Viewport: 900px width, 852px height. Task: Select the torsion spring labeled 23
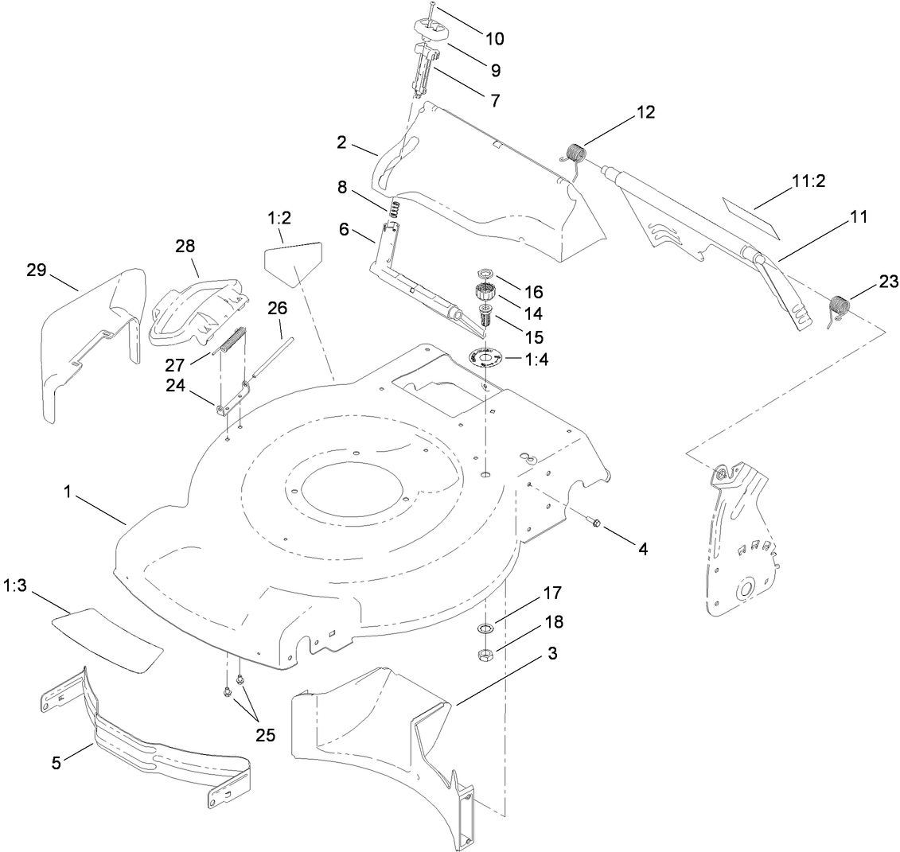pos(840,307)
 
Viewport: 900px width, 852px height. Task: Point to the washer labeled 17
pos(485,629)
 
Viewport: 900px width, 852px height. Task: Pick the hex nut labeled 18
pos(485,655)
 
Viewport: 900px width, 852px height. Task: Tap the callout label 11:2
pos(810,181)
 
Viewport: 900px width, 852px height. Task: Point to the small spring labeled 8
pos(393,210)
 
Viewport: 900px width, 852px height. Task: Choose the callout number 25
pos(265,735)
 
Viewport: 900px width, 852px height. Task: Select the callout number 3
pos(551,654)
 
